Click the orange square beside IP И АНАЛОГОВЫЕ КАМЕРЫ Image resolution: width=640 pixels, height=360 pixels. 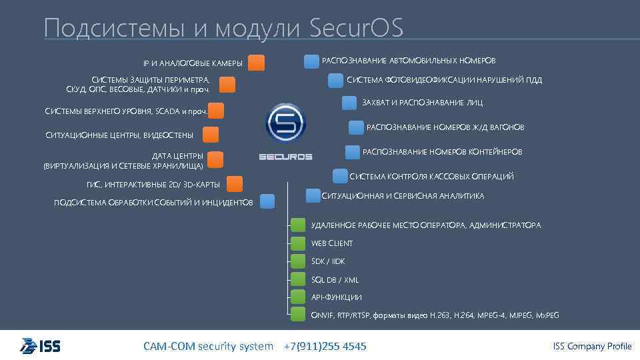click(256, 63)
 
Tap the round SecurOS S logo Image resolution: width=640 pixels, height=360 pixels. click(285, 122)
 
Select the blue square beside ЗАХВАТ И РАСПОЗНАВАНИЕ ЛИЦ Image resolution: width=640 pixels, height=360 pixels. click(349, 103)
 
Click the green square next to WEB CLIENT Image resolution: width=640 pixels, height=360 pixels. click(299, 243)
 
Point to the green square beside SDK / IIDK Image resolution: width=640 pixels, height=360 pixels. click(299, 261)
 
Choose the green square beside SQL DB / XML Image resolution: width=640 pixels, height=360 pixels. click(299, 279)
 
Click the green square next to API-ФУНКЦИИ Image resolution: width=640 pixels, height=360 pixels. click(299, 297)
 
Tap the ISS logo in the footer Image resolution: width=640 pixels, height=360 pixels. click(41, 346)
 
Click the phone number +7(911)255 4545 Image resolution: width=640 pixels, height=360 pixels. click(325, 346)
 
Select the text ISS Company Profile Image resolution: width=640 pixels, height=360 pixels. click(592, 346)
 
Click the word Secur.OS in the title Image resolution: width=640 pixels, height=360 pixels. click(357, 28)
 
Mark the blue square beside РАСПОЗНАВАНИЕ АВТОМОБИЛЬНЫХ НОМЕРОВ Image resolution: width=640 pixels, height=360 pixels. click(311, 61)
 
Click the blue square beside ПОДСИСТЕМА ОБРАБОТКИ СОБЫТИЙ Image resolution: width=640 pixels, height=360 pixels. click(267, 201)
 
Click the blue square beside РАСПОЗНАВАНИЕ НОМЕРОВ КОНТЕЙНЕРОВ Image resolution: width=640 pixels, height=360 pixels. click(353, 152)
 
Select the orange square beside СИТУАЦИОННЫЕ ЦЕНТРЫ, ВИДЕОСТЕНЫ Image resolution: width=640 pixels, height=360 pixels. click(210, 135)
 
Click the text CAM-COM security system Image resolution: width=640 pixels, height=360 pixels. click(208, 346)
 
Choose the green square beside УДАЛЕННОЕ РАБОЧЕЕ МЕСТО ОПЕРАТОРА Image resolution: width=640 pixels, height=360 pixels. click(299, 225)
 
